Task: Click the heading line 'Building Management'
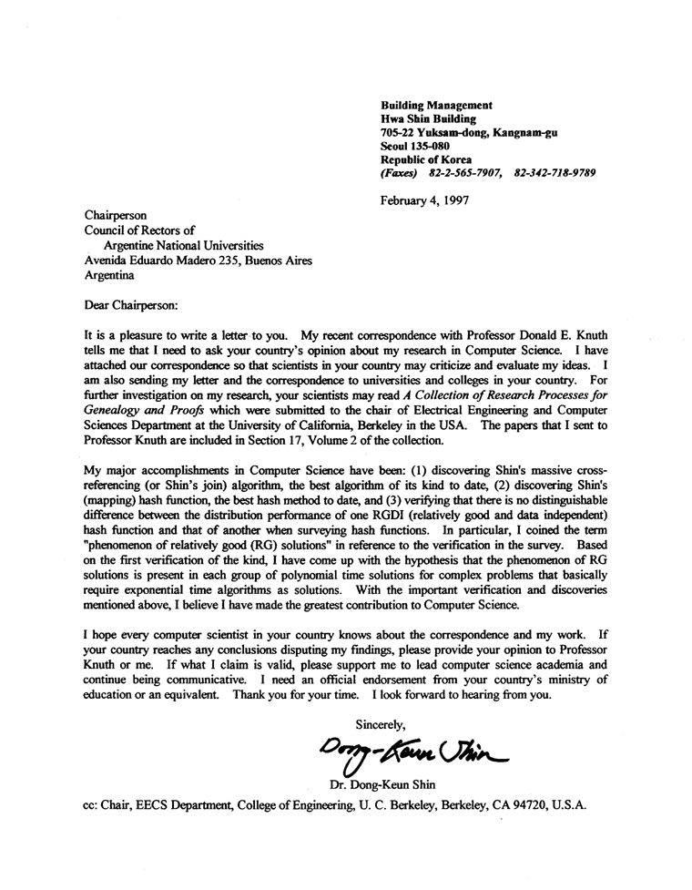(436, 106)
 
